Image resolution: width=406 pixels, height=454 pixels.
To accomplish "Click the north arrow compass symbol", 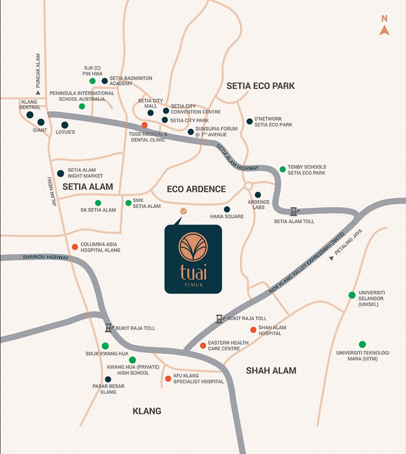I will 384,30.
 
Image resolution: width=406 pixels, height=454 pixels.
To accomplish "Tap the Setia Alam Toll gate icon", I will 294,211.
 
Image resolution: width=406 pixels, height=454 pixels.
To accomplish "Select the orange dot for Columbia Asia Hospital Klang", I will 75,247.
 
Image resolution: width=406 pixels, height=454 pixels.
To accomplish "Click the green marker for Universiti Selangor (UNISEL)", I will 352,295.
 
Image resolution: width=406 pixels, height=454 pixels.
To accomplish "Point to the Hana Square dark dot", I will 227,209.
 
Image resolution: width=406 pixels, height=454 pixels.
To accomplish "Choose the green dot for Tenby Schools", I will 283,169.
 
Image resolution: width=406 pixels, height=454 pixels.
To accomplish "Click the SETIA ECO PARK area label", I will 260,86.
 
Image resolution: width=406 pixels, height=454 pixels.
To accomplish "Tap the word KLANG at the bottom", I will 147,411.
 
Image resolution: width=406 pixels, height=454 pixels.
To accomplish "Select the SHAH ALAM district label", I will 271,370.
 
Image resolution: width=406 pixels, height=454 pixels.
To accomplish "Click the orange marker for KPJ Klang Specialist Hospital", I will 168,379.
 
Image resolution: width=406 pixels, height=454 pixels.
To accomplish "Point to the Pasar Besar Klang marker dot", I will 108,379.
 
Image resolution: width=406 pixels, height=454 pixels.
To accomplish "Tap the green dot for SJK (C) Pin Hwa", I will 92,81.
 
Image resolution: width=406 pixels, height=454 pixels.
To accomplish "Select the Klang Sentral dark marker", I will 30,115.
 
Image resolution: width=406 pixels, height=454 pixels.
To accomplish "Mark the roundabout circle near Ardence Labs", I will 249,186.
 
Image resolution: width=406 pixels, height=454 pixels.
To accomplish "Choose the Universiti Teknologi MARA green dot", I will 362,344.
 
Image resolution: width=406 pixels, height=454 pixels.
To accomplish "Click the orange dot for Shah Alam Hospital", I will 253,330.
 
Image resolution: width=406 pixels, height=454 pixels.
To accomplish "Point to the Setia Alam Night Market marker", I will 60,173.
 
